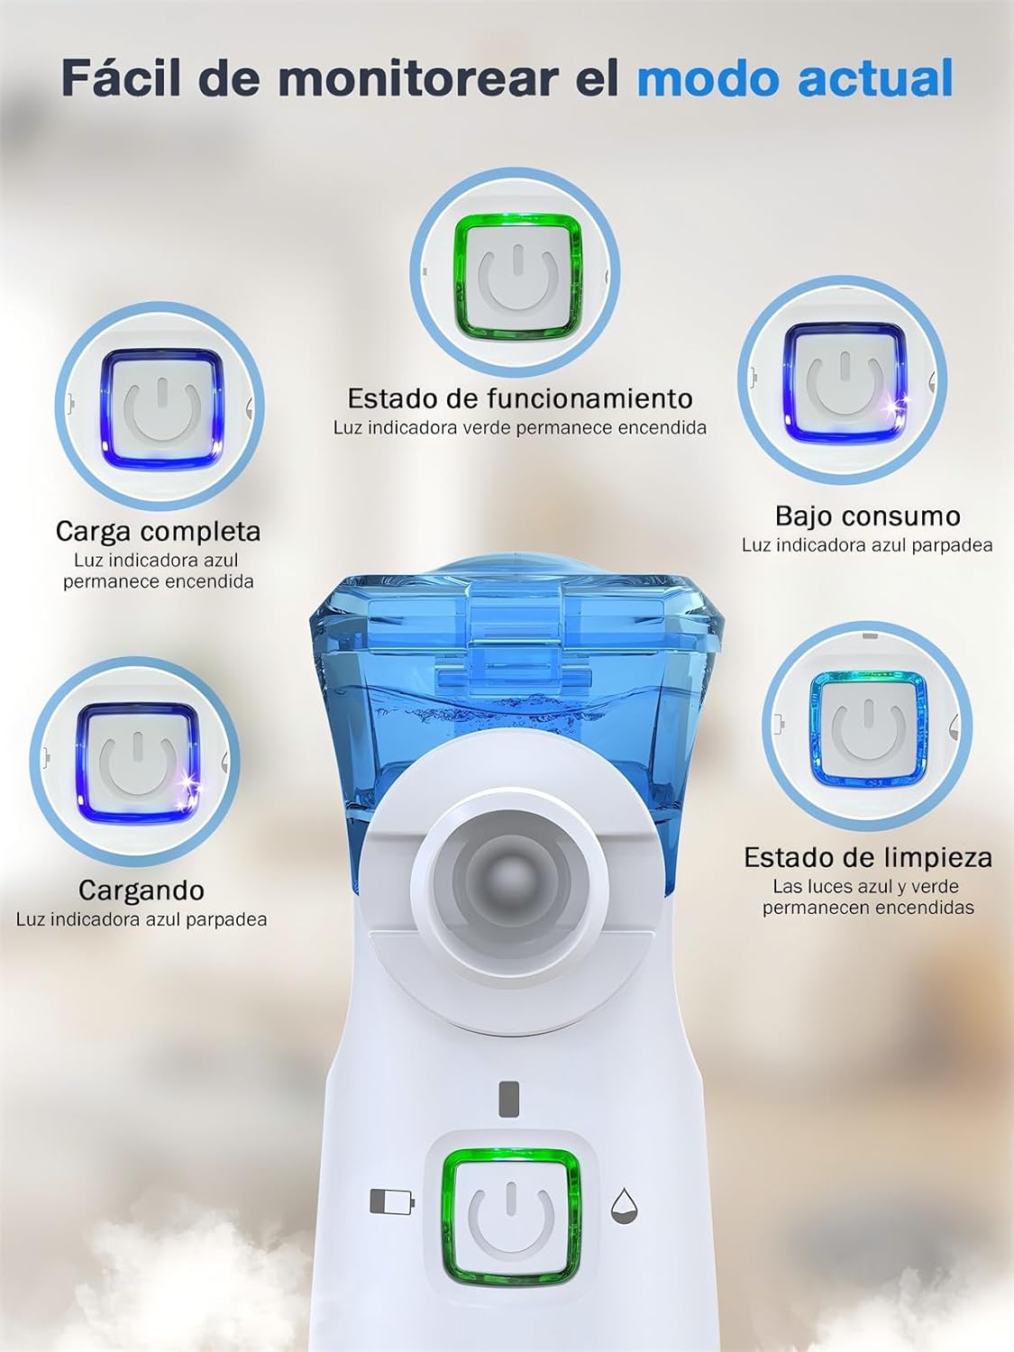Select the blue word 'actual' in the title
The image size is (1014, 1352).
(x=876, y=78)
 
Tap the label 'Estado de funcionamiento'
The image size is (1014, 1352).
(x=520, y=398)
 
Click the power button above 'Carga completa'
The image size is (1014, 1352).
(x=160, y=407)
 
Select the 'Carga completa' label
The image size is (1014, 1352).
(x=159, y=531)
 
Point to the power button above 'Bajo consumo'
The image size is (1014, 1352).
(x=845, y=382)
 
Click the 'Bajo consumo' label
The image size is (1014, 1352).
(x=867, y=516)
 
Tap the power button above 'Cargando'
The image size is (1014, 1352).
(x=137, y=763)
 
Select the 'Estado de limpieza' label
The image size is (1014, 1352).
(x=867, y=857)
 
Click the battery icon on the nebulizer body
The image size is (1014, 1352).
(x=391, y=1201)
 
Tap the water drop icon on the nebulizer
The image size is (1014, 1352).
(x=624, y=1205)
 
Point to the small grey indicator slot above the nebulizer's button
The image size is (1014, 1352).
(x=508, y=1098)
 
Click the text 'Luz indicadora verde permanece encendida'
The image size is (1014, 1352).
(x=520, y=428)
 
